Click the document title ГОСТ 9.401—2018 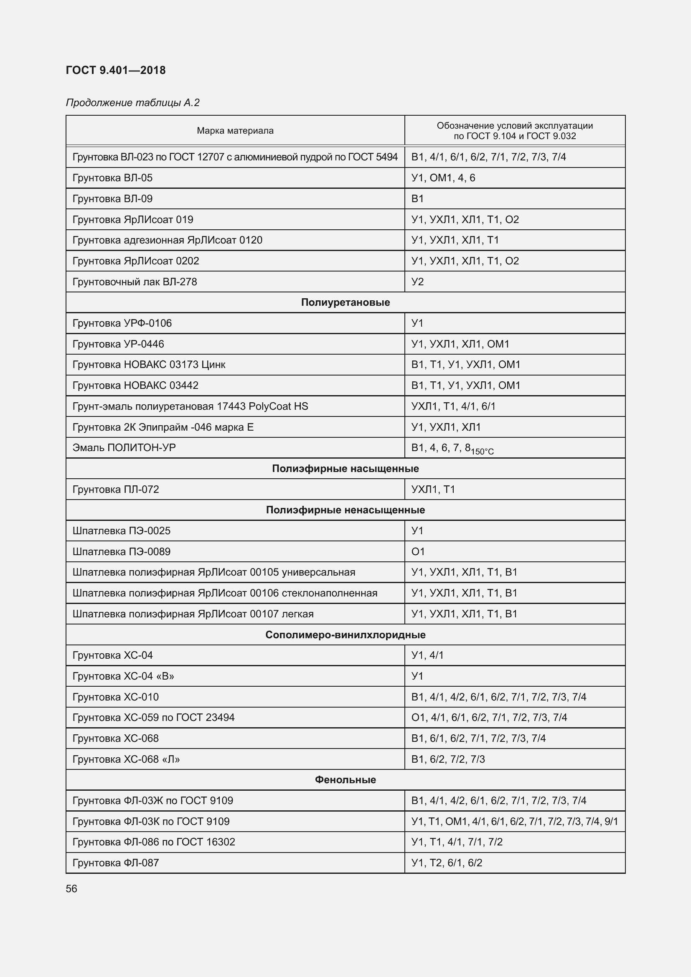click(x=116, y=70)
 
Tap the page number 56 click(x=71, y=888)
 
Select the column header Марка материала click(x=235, y=131)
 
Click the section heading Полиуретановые click(x=345, y=302)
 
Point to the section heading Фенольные click(x=345, y=779)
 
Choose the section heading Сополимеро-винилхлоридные click(x=345, y=635)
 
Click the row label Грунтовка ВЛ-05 click(x=112, y=178)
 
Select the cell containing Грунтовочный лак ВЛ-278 click(x=135, y=282)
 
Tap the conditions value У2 click(x=417, y=282)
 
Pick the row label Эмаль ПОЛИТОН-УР click(x=124, y=448)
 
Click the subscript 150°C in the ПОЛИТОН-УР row click(x=482, y=452)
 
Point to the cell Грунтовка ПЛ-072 click(x=116, y=490)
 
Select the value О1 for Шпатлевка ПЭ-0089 click(x=418, y=551)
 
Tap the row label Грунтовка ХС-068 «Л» click(x=126, y=759)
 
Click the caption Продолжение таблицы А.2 click(x=132, y=103)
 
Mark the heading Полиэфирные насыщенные click(x=345, y=469)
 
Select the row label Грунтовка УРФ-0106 click(x=122, y=323)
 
